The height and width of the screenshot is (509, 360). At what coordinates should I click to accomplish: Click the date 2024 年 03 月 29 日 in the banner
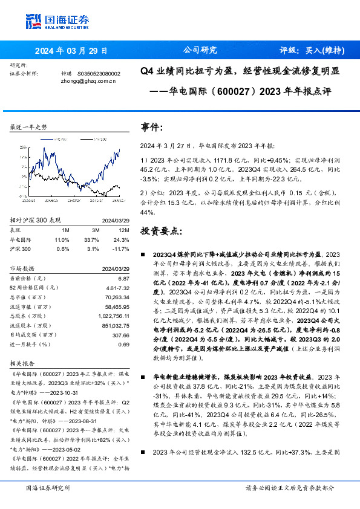71,51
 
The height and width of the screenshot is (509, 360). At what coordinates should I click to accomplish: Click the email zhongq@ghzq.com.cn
88,80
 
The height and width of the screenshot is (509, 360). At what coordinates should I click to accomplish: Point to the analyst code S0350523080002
99,73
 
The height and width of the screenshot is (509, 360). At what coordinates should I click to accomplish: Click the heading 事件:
152,128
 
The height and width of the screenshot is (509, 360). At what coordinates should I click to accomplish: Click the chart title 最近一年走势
28,127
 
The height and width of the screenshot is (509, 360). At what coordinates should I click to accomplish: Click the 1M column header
66,231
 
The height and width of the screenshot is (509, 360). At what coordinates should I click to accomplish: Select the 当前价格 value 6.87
124,277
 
